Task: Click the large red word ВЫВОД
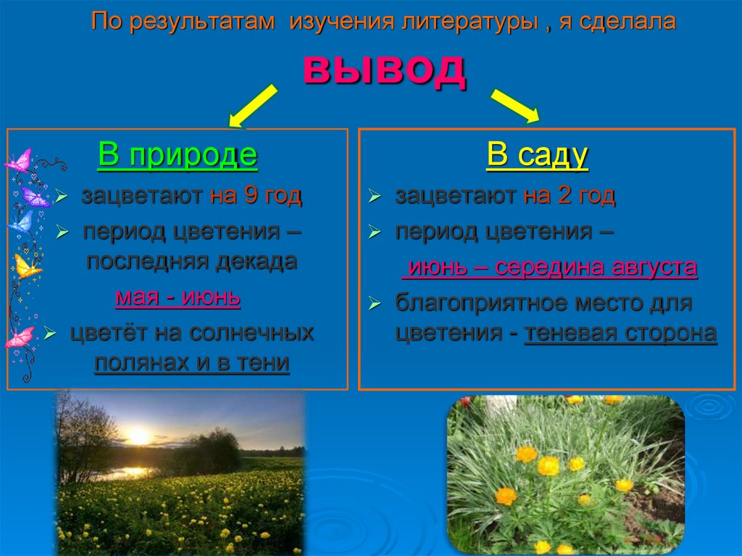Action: [384, 70]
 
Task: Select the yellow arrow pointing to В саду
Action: [515, 105]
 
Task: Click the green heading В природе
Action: [178, 156]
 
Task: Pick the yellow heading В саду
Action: [537, 156]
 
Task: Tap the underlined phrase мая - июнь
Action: [178, 298]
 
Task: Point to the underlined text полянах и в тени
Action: [192, 363]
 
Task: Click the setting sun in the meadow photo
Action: [138, 435]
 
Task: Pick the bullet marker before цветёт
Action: [49, 334]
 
